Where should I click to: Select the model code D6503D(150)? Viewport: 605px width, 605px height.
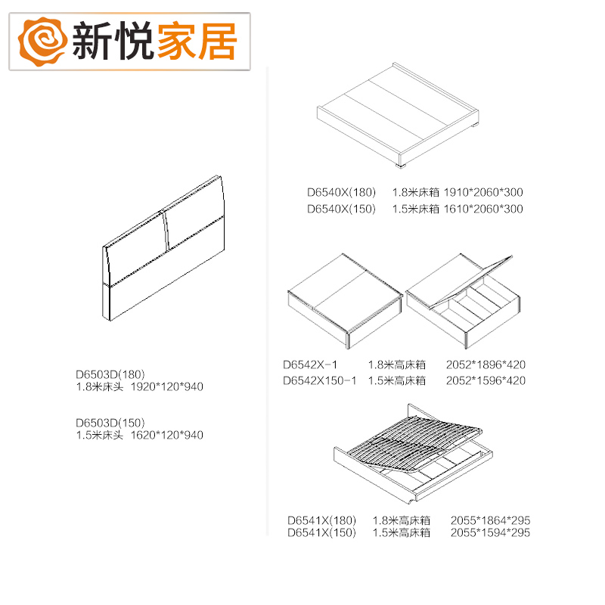pyautogui.click(x=110, y=423)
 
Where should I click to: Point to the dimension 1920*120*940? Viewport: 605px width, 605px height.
pyautogui.click(x=167, y=386)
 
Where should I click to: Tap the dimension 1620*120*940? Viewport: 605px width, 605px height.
pyautogui.click(x=167, y=435)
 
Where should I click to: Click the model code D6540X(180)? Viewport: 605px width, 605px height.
pyautogui.click(x=341, y=192)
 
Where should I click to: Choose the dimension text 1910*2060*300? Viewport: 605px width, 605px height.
pyautogui.click(x=482, y=192)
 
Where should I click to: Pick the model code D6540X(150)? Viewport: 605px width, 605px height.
pyautogui.click(x=341, y=209)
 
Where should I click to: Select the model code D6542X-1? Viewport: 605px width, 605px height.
pyautogui.click(x=310, y=364)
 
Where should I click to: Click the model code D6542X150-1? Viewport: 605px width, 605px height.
pyautogui.click(x=319, y=380)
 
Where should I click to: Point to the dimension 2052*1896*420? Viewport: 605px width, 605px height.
pyautogui.click(x=485, y=364)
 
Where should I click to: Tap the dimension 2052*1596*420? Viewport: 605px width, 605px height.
pyautogui.click(x=485, y=380)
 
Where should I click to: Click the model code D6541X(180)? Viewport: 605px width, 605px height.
pyautogui.click(x=321, y=520)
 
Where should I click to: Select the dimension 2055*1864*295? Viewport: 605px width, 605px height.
pyautogui.click(x=490, y=520)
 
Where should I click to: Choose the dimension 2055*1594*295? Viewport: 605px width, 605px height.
pyautogui.click(x=490, y=532)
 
